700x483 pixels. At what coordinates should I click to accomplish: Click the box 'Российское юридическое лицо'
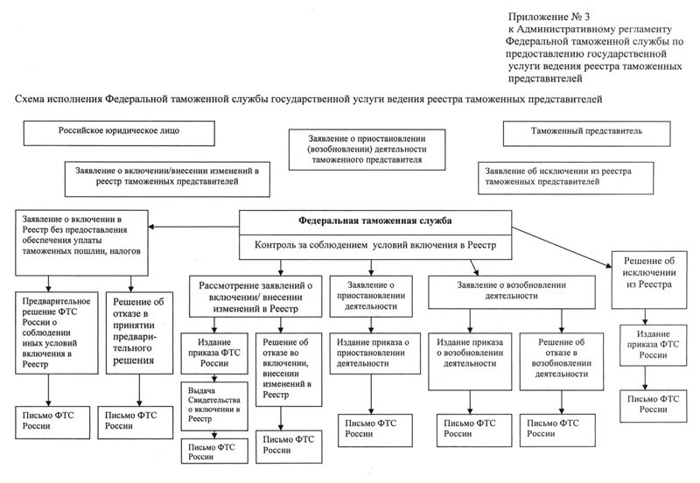119,132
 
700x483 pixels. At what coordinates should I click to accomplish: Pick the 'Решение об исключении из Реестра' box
648,273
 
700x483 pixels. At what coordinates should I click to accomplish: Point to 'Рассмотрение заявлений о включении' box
255,295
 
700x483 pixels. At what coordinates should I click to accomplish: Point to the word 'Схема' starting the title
31,99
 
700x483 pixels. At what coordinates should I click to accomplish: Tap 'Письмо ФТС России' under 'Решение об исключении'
648,403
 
